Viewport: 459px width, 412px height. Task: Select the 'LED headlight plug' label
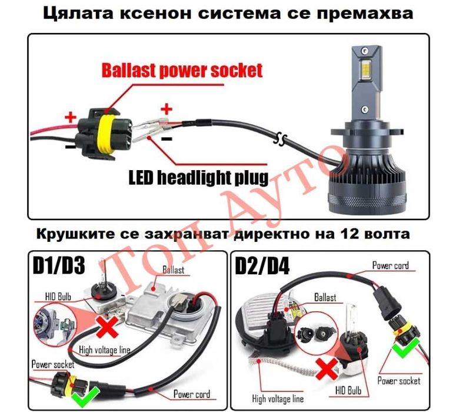click(198, 176)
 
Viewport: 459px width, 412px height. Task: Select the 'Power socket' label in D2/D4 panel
click(400, 381)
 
